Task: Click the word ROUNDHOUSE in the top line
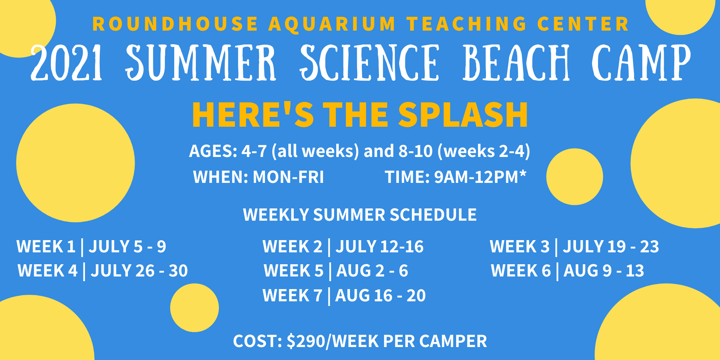point(175,24)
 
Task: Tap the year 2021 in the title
point(67,63)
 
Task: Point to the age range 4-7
point(254,151)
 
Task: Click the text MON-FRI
point(288,177)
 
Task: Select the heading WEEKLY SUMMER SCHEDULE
point(360,215)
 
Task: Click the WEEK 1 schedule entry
point(91,247)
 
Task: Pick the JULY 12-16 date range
point(380,247)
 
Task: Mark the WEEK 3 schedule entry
point(575,247)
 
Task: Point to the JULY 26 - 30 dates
point(139,271)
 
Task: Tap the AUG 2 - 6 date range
point(372,271)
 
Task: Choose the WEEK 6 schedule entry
point(568,271)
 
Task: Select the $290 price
point(306,341)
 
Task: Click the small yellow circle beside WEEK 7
point(194,308)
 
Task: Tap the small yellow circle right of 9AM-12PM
point(575,177)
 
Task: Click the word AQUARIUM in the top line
point(332,24)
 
